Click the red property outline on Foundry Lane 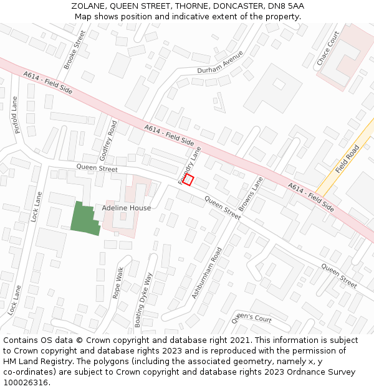click(x=189, y=180)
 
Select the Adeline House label click(x=127, y=208)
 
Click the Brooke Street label click(x=74, y=50)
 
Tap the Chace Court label click(x=328, y=48)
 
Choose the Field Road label click(x=347, y=159)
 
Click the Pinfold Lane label click(x=16, y=115)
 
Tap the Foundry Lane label click(x=190, y=165)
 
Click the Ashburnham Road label click(x=207, y=273)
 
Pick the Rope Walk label click(x=118, y=283)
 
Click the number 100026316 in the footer click(x=26, y=382)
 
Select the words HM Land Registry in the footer click(x=41, y=361)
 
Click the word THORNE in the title click(x=191, y=6)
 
